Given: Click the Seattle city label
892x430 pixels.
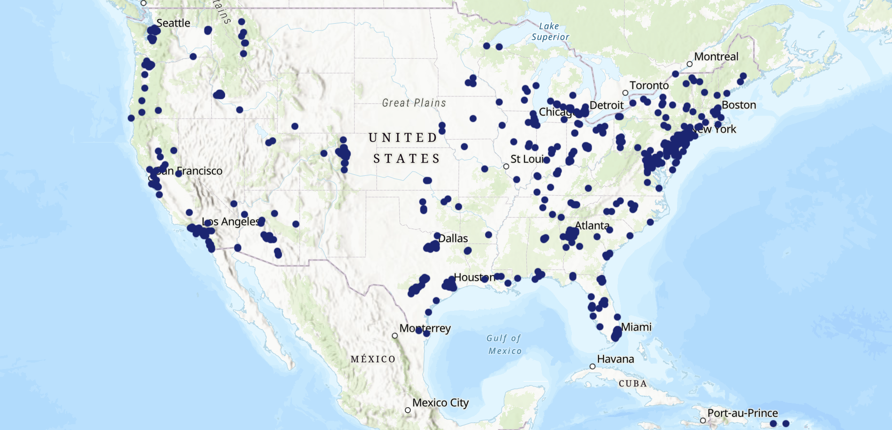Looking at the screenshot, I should (173, 23).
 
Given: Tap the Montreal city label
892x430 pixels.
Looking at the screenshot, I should (716, 57).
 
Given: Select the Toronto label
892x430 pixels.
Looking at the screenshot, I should (649, 86).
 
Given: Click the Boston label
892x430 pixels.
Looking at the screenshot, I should (738, 105).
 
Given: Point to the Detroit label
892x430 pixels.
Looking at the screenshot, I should (606, 106).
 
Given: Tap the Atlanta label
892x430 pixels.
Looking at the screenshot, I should (592, 226).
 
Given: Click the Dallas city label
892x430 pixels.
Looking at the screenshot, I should (453, 238).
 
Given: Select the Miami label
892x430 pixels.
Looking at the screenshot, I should (636, 327).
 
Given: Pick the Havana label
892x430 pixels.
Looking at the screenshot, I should (615, 359).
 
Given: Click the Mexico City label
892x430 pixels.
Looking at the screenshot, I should (440, 403).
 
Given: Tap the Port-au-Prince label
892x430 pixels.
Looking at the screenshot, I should (742, 413).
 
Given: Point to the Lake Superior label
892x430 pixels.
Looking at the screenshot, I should (550, 31).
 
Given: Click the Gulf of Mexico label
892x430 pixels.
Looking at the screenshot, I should (504, 345).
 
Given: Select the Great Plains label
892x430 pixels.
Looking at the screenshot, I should (414, 103).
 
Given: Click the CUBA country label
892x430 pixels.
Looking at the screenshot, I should (632, 384).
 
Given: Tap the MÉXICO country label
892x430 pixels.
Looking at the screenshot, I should (373, 359).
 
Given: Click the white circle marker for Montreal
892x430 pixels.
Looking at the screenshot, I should (690, 64).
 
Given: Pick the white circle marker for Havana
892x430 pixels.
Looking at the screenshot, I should (592, 367).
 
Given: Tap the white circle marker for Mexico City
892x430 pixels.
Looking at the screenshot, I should (408, 410).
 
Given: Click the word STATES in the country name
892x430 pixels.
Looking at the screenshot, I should (406, 159).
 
